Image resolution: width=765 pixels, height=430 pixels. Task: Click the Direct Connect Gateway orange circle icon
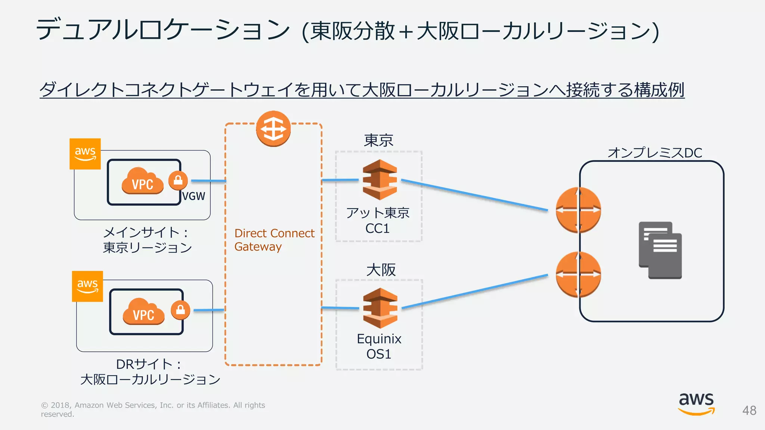(x=273, y=129)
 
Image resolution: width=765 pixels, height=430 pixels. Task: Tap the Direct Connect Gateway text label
(x=275, y=240)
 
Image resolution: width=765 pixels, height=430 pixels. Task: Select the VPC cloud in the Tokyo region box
(x=142, y=181)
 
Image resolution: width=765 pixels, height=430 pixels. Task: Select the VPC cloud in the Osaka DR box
(x=143, y=311)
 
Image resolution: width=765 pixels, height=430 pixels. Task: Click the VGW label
(x=193, y=196)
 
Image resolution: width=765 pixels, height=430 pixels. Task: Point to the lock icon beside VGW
(x=178, y=180)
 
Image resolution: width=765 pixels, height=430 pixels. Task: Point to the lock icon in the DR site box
(x=180, y=310)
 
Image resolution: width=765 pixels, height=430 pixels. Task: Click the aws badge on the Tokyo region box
(x=85, y=154)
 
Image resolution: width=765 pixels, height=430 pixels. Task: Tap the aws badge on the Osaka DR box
(x=87, y=286)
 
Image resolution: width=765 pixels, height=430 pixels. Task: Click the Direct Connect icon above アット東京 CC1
(x=380, y=180)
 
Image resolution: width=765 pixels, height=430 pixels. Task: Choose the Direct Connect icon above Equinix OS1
(x=380, y=308)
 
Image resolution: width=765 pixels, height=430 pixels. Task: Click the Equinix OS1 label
(x=379, y=346)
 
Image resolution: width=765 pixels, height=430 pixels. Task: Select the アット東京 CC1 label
(x=378, y=221)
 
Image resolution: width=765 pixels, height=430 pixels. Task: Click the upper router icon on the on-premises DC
(x=578, y=210)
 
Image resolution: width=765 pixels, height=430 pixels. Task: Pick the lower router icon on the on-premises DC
(x=578, y=275)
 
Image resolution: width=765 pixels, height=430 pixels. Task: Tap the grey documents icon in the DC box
(x=660, y=250)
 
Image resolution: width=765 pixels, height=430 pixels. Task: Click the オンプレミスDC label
(x=655, y=153)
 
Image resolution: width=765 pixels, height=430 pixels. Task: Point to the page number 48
(x=749, y=411)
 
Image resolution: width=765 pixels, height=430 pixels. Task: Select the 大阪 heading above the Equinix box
(x=381, y=270)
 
